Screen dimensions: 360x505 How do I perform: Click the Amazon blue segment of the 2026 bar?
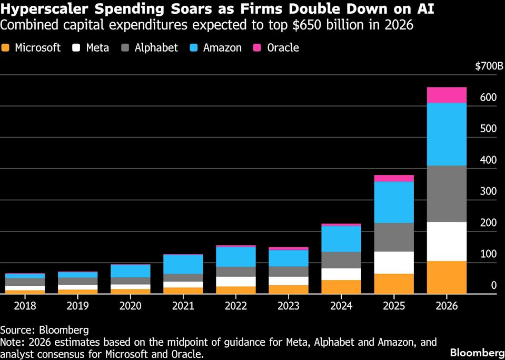447,134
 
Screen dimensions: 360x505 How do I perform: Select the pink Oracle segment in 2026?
447,95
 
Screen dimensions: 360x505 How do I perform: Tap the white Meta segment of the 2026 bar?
447,241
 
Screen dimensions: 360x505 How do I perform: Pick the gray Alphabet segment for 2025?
394,237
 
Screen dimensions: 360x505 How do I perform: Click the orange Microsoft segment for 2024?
341,287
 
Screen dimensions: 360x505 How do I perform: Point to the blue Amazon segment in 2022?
236,257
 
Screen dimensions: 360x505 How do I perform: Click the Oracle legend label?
283,48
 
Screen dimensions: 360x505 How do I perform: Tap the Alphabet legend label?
156,48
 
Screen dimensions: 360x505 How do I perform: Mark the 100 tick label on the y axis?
488,254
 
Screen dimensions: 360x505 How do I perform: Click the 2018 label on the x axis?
25,306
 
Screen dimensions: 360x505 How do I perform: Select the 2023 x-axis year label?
289,306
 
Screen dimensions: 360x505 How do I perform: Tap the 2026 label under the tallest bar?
447,306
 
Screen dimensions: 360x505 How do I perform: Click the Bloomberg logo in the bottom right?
476,352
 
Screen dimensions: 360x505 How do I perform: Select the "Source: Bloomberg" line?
44,330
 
